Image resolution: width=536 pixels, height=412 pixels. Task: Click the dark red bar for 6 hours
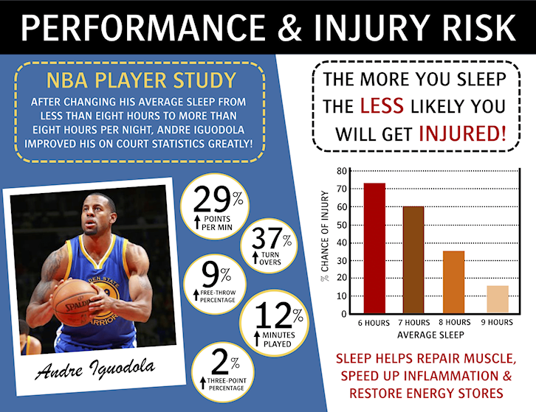pyautogui.click(x=374, y=248)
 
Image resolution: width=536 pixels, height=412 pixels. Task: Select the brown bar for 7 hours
pyautogui.click(x=413, y=259)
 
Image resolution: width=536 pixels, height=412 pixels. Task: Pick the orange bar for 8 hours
pyautogui.click(x=453, y=282)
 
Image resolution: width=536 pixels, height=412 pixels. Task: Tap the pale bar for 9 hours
pyautogui.click(x=498, y=299)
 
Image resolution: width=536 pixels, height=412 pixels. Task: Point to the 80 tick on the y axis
pyautogui.click(x=342, y=171)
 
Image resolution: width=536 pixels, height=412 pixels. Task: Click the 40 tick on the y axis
pyautogui.click(x=342, y=242)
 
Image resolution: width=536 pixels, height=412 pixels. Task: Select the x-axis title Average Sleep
pyautogui.click(x=430, y=335)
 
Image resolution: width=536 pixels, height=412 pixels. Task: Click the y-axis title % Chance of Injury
pyautogui.click(x=324, y=236)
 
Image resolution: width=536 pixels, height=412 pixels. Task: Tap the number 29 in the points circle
pyautogui.click(x=212, y=200)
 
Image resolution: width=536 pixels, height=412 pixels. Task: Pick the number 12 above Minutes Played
pyautogui.click(x=273, y=315)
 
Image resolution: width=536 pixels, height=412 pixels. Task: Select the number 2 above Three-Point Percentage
pyautogui.click(x=220, y=363)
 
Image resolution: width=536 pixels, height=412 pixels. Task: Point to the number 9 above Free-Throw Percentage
pyautogui.click(x=210, y=274)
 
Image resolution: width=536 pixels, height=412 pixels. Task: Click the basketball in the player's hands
pyautogui.click(x=75, y=303)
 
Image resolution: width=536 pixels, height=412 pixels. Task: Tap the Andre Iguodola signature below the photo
pyautogui.click(x=95, y=369)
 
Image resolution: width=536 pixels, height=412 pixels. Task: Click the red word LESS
pyautogui.click(x=382, y=105)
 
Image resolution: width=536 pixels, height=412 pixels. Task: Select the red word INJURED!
pyautogui.click(x=462, y=133)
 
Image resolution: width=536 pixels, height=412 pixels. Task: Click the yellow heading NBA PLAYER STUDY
pyautogui.click(x=141, y=80)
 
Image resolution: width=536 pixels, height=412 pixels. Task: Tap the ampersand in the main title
pyautogui.click(x=290, y=27)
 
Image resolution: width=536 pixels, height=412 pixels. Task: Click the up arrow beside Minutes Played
pyautogui.click(x=257, y=338)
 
